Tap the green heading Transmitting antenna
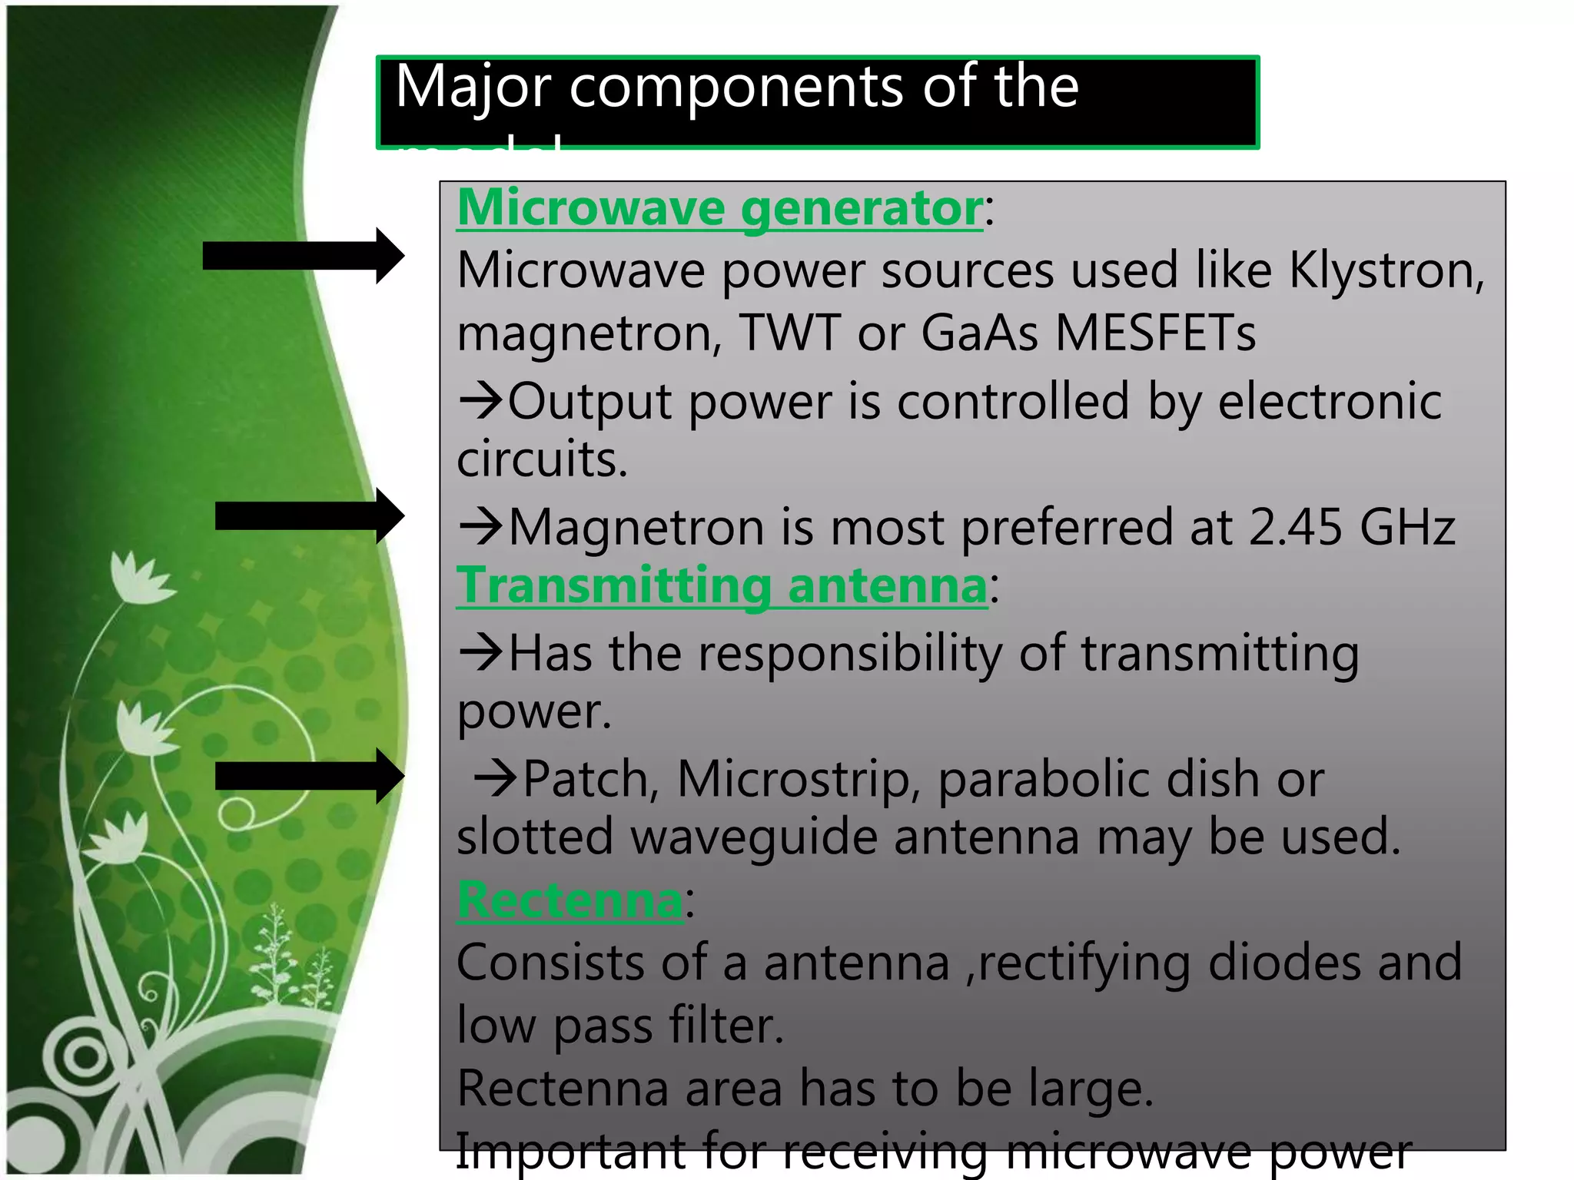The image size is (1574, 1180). click(721, 585)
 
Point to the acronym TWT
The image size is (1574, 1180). click(789, 333)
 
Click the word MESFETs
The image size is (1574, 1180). click(1155, 333)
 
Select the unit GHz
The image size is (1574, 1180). click(1407, 528)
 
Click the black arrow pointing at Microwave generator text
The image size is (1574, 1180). click(303, 256)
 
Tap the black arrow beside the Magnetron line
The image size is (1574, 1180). click(309, 515)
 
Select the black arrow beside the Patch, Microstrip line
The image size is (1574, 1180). click(309, 776)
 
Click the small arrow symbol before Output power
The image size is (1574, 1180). click(480, 401)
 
